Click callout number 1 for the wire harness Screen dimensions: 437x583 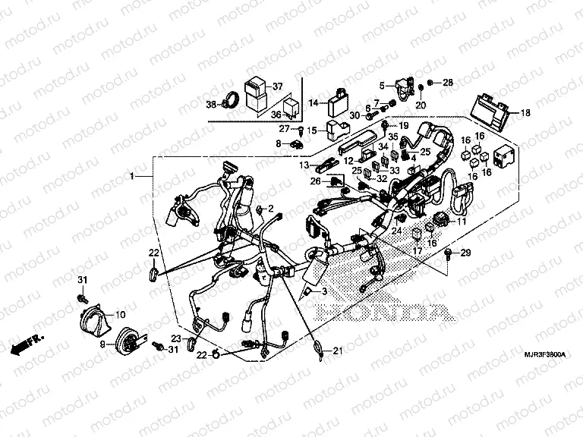tap(131, 176)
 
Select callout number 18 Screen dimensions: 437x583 tap(525, 113)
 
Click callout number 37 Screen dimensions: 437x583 tap(278, 85)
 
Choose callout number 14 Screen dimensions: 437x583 tap(312, 102)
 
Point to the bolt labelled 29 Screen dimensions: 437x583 tap(451, 253)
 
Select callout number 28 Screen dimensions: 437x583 tap(448, 82)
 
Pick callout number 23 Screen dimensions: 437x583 tap(175, 338)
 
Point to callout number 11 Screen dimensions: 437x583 tap(460, 221)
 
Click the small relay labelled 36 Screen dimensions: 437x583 tap(291, 107)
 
